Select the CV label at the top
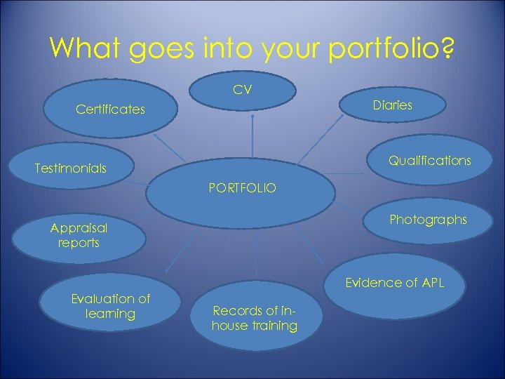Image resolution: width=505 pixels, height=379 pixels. (x=243, y=90)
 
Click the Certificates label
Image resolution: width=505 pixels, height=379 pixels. (x=110, y=109)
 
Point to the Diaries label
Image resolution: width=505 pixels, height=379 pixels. (x=392, y=105)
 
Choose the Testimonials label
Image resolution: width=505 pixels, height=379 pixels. (x=71, y=168)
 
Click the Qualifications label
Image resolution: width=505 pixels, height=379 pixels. (x=430, y=161)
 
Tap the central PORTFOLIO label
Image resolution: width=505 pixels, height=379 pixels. (x=243, y=188)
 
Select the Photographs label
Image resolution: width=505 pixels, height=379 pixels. (x=428, y=220)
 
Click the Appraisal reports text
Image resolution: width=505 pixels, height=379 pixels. (x=79, y=235)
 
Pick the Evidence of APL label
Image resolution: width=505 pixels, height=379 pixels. (x=394, y=283)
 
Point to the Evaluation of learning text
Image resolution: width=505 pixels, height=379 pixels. (x=110, y=306)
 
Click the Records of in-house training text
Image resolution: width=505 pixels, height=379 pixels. (x=254, y=318)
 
